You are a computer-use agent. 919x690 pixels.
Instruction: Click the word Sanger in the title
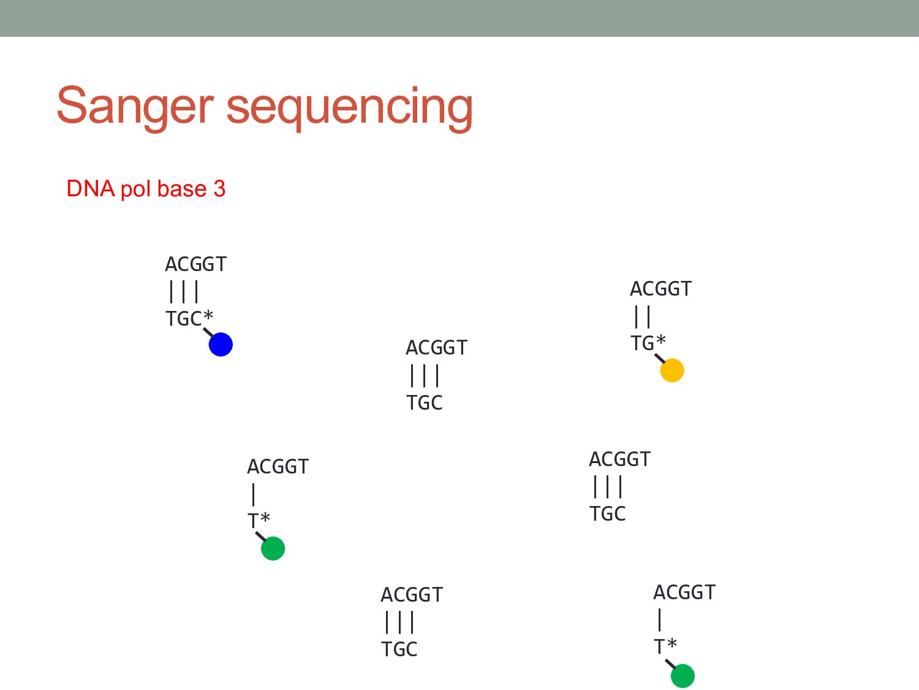click(134, 106)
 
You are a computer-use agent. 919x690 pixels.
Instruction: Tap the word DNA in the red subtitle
click(91, 189)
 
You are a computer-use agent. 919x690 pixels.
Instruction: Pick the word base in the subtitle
click(181, 189)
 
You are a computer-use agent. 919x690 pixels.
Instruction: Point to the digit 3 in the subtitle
click(219, 189)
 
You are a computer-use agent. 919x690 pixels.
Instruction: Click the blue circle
click(221, 345)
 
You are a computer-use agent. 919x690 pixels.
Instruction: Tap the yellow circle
click(672, 370)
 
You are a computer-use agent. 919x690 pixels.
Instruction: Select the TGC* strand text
click(189, 319)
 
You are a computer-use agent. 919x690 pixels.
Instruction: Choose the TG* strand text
click(648, 343)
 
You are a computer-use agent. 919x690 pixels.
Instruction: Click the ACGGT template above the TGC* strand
click(195, 264)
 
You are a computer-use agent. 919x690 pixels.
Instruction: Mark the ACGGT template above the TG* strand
click(660, 289)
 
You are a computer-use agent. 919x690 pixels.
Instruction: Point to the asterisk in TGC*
click(208, 316)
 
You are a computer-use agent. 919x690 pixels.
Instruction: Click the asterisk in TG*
click(661, 340)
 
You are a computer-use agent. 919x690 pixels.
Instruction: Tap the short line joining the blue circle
click(208, 332)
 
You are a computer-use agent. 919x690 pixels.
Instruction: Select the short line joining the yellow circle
click(660, 358)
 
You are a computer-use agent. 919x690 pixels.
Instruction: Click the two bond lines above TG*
click(642, 316)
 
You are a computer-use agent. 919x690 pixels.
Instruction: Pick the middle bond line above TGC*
click(184, 292)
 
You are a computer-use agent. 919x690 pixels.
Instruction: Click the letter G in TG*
click(648, 343)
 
